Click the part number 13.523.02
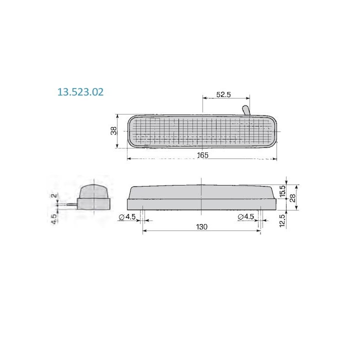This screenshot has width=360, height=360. click(x=80, y=92)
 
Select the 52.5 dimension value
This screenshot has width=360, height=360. click(x=223, y=94)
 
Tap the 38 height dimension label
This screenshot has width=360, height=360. click(x=114, y=131)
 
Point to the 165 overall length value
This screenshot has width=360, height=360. click(x=203, y=155)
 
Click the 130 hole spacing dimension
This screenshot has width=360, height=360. click(x=202, y=227)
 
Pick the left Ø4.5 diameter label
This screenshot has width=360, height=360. click(x=127, y=216)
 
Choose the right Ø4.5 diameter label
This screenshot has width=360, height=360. click(x=246, y=216)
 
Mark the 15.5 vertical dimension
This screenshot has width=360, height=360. click(x=283, y=191)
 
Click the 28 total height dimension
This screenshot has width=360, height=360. click(x=292, y=198)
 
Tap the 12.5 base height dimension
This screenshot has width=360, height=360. click(x=282, y=220)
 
